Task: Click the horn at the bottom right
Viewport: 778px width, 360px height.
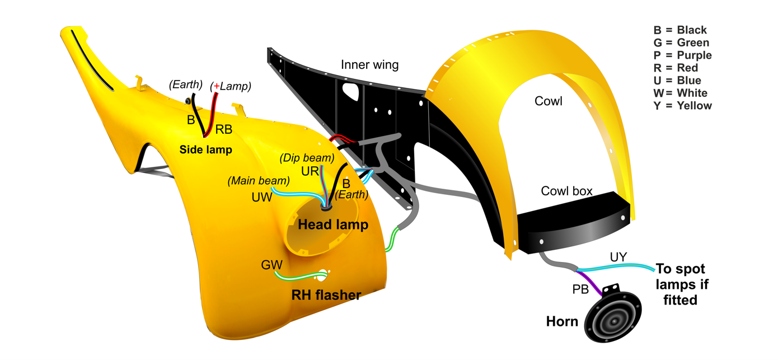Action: click(613, 315)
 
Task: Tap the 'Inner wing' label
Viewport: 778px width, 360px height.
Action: click(369, 65)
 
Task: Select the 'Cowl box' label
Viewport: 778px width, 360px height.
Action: click(566, 191)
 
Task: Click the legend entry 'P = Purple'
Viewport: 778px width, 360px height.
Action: click(682, 55)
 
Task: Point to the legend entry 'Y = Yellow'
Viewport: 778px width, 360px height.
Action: click(682, 106)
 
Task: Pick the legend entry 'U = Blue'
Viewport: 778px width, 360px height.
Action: click(677, 80)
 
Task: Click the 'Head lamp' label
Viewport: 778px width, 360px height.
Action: click(333, 225)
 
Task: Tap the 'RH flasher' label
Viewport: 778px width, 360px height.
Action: click(326, 295)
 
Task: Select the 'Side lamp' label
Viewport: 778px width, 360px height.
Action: click(205, 150)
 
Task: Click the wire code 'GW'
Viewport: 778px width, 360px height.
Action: click(271, 265)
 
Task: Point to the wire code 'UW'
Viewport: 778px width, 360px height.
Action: click(262, 198)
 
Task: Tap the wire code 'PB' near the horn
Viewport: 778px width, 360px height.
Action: click(580, 289)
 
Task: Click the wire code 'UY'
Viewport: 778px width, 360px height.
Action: click(618, 257)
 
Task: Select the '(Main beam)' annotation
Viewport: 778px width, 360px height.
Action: click(259, 181)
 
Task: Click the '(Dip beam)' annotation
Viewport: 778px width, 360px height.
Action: click(307, 158)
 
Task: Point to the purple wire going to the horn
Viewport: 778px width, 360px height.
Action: click(589, 283)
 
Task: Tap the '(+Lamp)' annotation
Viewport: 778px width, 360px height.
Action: click(231, 86)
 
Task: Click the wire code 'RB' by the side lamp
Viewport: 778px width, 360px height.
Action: click(224, 130)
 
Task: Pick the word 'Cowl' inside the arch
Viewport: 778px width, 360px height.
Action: click(548, 101)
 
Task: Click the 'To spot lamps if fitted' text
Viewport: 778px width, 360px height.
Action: click(681, 284)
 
